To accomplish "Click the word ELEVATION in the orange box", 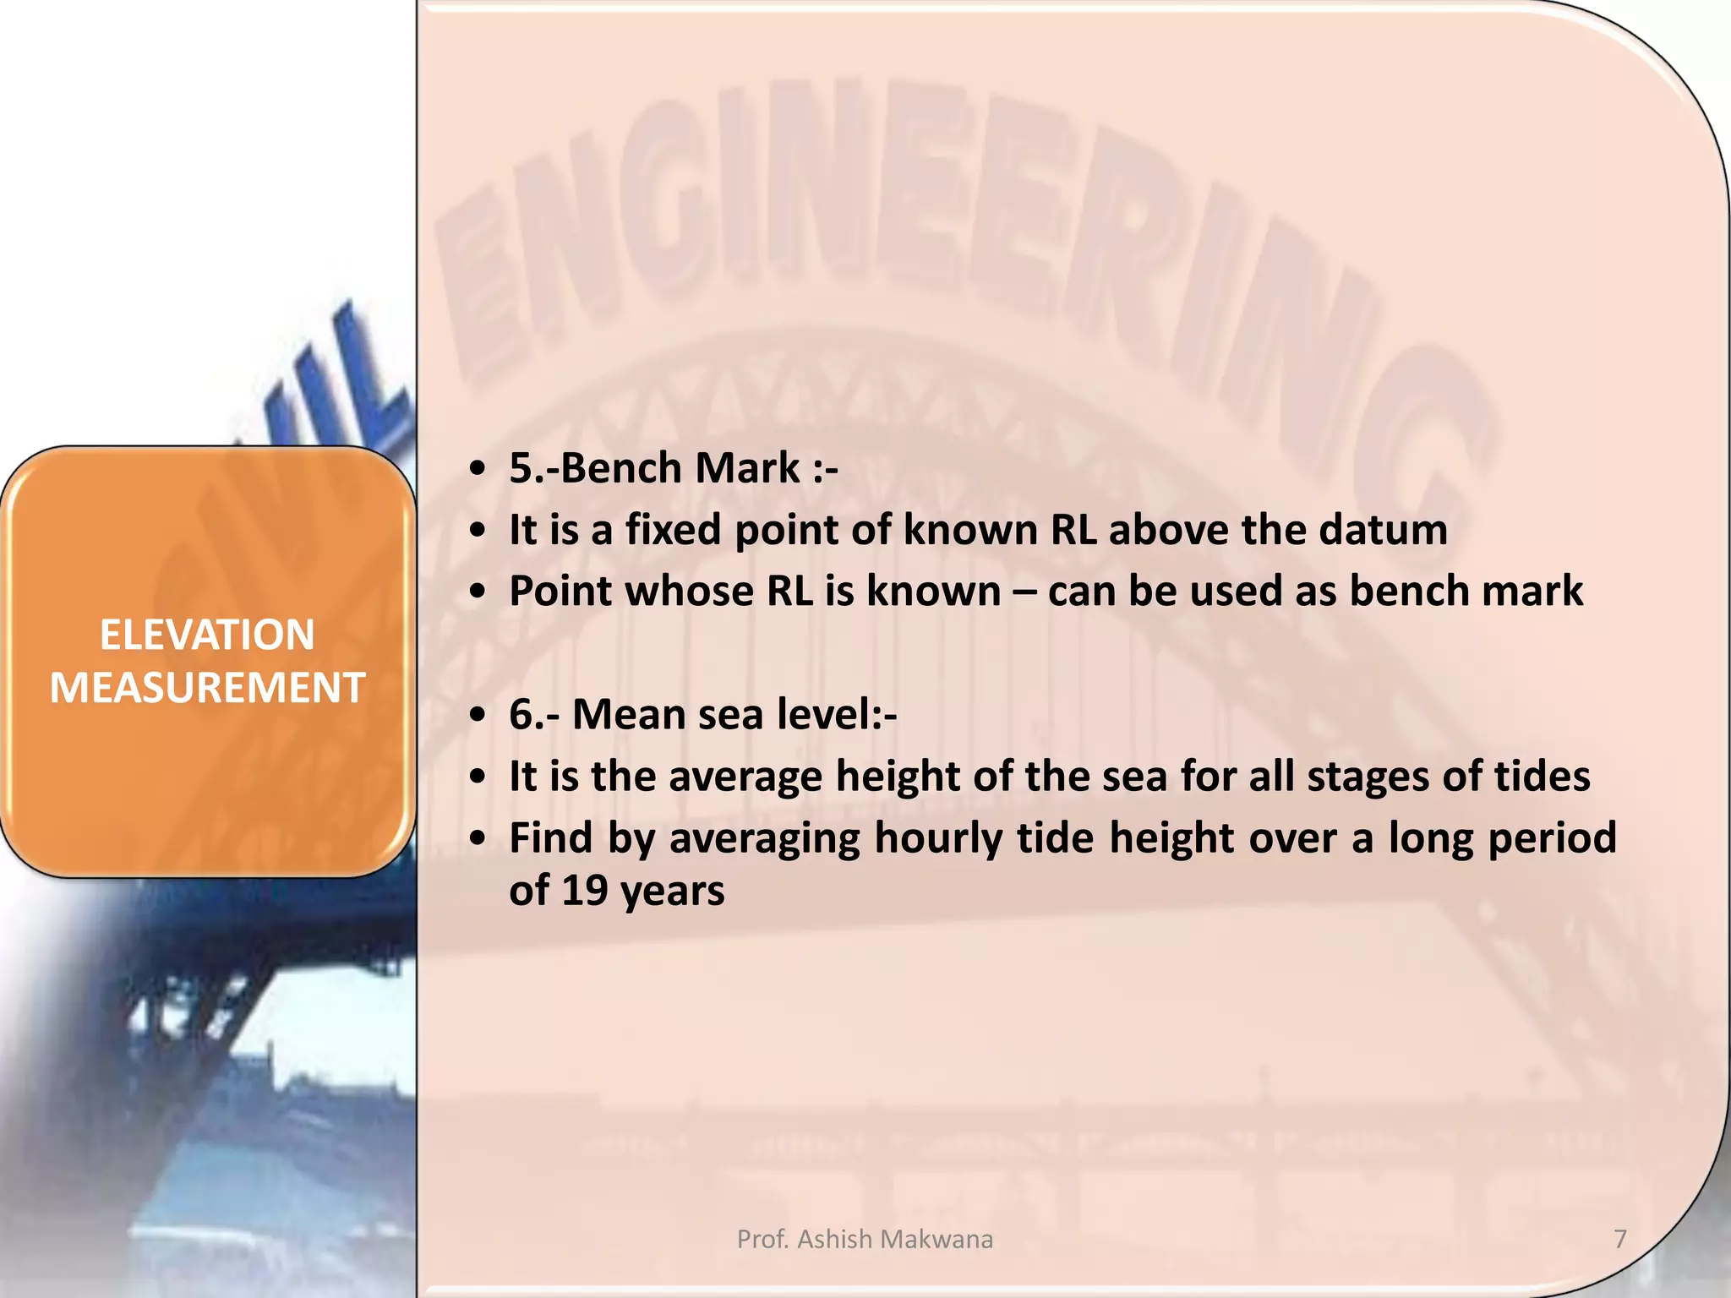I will [x=207, y=635].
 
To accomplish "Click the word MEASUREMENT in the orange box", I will [x=207, y=687].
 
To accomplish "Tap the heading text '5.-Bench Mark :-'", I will [x=673, y=468].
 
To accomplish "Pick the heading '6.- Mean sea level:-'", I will [x=702, y=714].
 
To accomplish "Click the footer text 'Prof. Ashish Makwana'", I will [x=865, y=1239].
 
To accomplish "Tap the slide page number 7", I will [x=1619, y=1239].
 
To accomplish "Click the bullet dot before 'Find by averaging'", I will [x=479, y=838].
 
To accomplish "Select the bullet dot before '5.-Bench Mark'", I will [x=479, y=469].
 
